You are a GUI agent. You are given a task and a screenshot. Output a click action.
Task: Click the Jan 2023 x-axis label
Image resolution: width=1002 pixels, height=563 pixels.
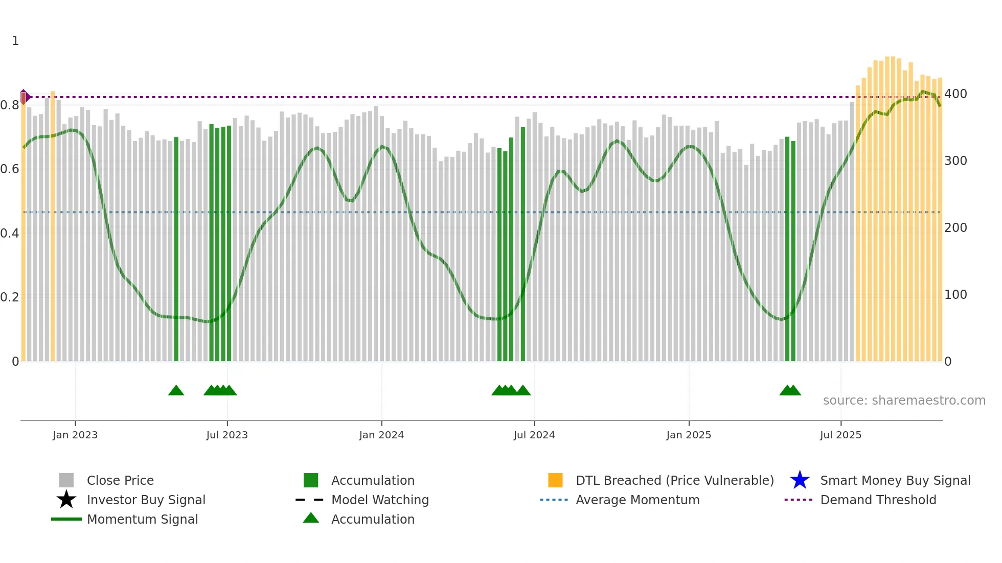pyautogui.click(x=75, y=435)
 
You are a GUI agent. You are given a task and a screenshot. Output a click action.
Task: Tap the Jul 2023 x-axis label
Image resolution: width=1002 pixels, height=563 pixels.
pyautogui.click(x=227, y=435)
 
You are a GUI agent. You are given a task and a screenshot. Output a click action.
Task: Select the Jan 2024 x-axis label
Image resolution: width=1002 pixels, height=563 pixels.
pyautogui.click(x=381, y=435)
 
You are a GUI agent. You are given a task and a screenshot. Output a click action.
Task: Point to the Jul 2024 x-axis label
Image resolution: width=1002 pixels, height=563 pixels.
pyautogui.click(x=534, y=435)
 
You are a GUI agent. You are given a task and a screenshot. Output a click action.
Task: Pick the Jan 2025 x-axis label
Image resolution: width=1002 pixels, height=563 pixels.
pyautogui.click(x=689, y=435)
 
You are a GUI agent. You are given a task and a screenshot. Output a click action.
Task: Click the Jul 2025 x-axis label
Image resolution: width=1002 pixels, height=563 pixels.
pyautogui.click(x=840, y=435)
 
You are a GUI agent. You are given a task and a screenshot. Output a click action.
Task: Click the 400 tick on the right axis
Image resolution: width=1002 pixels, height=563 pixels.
pyautogui.click(x=955, y=94)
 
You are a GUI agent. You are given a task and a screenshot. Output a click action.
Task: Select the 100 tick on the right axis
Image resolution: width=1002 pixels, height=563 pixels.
pyautogui.click(x=955, y=295)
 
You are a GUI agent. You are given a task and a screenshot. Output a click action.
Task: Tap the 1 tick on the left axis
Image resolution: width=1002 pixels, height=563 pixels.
pyautogui.click(x=15, y=41)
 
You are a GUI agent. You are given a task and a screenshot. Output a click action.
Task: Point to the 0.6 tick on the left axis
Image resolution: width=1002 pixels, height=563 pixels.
pyautogui.click(x=10, y=169)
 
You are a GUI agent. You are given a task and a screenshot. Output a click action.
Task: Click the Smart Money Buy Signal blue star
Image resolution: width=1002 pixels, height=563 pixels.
pyautogui.click(x=800, y=480)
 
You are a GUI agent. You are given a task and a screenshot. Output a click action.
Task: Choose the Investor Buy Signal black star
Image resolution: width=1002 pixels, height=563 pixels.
pyautogui.click(x=66, y=500)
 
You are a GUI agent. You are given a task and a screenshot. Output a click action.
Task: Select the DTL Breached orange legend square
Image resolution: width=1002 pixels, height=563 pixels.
pyautogui.click(x=555, y=480)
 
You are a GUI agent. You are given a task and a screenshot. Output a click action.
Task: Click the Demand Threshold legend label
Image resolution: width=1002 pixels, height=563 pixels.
pyautogui.click(x=878, y=500)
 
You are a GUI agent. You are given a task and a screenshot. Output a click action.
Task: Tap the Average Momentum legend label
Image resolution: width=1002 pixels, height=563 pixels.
pyautogui.click(x=637, y=500)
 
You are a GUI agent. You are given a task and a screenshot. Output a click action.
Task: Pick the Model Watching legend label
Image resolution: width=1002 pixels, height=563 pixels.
pyautogui.click(x=380, y=500)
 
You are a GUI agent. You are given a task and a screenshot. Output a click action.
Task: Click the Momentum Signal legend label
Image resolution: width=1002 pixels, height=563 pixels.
pyautogui.click(x=142, y=519)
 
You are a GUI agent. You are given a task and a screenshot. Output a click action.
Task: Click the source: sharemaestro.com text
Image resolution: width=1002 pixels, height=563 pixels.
pyautogui.click(x=904, y=401)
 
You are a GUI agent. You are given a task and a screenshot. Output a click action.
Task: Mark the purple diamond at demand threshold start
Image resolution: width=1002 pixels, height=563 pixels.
pyautogui.click(x=24, y=97)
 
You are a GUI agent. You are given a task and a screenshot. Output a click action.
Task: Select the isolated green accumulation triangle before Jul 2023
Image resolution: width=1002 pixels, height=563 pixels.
pyautogui.click(x=176, y=391)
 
